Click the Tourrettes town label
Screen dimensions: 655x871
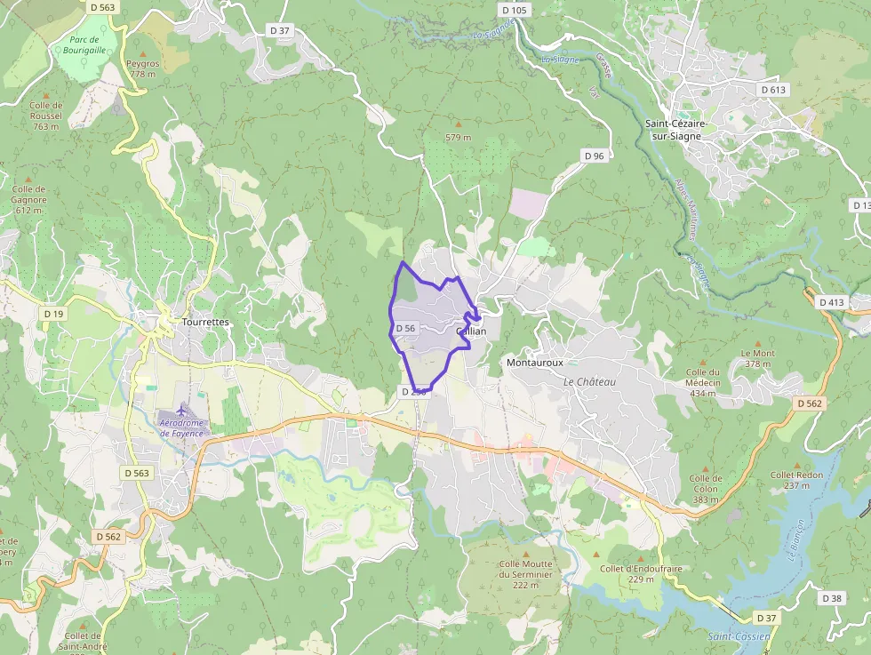(x=204, y=322)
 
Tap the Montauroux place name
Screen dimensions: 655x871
(x=535, y=363)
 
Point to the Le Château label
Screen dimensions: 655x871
(x=589, y=381)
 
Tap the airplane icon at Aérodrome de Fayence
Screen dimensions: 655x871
(x=182, y=411)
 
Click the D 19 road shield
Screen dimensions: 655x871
(x=53, y=314)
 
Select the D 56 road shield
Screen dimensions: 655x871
(x=405, y=328)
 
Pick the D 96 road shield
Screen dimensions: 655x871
(x=594, y=156)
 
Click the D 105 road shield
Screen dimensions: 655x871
(x=514, y=10)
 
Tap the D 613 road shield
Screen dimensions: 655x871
(x=773, y=90)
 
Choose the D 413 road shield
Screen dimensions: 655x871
(x=832, y=303)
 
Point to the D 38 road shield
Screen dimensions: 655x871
(x=832, y=598)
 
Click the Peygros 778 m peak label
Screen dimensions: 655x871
(x=142, y=68)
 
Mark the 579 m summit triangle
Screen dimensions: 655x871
(x=459, y=124)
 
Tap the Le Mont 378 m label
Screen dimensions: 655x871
(x=757, y=358)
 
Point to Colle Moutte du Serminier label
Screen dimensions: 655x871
(x=525, y=569)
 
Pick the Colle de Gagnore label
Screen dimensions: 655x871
(x=29, y=199)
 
